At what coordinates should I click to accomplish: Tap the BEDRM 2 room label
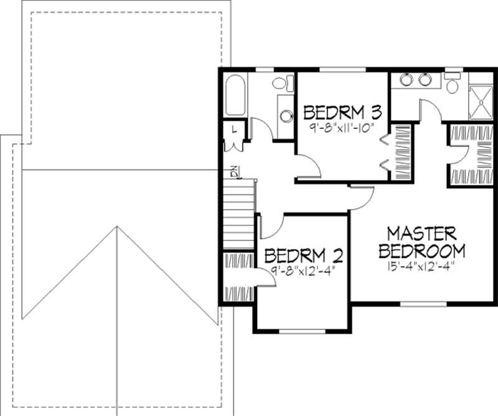click(304, 255)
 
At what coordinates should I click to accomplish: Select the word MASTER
click(421, 234)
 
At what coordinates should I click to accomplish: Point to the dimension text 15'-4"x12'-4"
click(421, 268)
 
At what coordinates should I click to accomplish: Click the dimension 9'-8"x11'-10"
click(342, 126)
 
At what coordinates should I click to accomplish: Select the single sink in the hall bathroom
click(286, 115)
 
